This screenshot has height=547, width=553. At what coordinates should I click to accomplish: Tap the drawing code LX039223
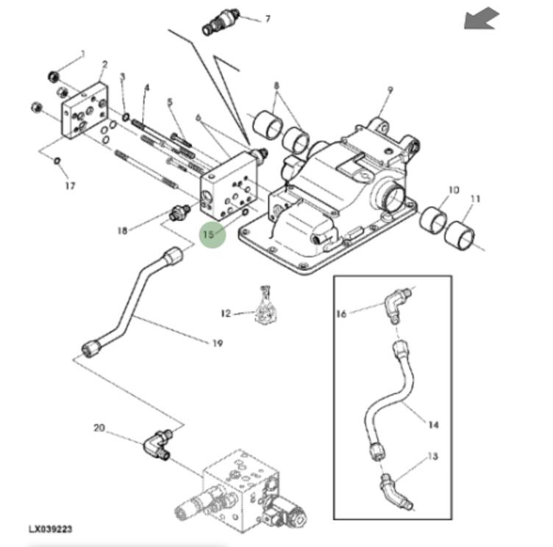pos(50,529)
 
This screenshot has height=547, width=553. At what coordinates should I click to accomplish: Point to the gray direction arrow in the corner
pos(481,19)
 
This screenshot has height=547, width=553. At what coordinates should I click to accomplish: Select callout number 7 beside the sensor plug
pos(267,18)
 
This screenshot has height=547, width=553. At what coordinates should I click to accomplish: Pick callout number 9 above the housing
pos(390,90)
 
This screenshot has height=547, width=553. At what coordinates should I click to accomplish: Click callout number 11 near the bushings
pos(475,198)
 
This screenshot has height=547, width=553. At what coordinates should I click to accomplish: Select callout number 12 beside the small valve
pos(226,314)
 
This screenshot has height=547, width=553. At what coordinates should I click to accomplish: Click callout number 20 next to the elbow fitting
pos(99,427)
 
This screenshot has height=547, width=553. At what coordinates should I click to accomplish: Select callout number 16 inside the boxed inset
pos(341,314)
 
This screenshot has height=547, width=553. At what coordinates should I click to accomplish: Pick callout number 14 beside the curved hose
pos(433,425)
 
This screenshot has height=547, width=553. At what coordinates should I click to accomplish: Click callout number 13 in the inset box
pos(432,456)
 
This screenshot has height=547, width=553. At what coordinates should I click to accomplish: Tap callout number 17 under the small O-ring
pos(70,186)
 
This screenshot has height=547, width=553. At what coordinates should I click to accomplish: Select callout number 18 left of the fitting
pos(122,230)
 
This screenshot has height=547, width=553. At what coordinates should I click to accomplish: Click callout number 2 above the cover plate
pos(104,65)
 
